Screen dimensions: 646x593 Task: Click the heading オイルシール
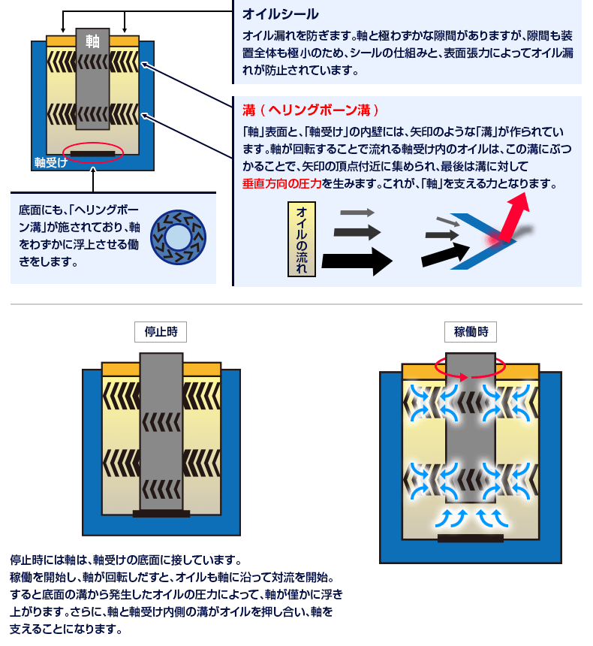point(280,14)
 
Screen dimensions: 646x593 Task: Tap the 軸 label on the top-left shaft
point(92,41)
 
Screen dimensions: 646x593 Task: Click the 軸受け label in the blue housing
point(51,161)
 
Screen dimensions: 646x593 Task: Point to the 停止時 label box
point(161,331)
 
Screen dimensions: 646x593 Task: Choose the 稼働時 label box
point(471,331)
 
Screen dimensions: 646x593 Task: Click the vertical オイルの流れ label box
point(301,238)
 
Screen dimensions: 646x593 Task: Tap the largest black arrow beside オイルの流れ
point(357,261)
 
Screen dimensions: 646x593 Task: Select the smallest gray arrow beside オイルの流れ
point(357,213)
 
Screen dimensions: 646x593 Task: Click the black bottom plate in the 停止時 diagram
point(161,514)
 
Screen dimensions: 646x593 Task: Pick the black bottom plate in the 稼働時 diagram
point(470,538)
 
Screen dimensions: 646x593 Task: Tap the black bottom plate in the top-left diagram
point(92,154)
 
